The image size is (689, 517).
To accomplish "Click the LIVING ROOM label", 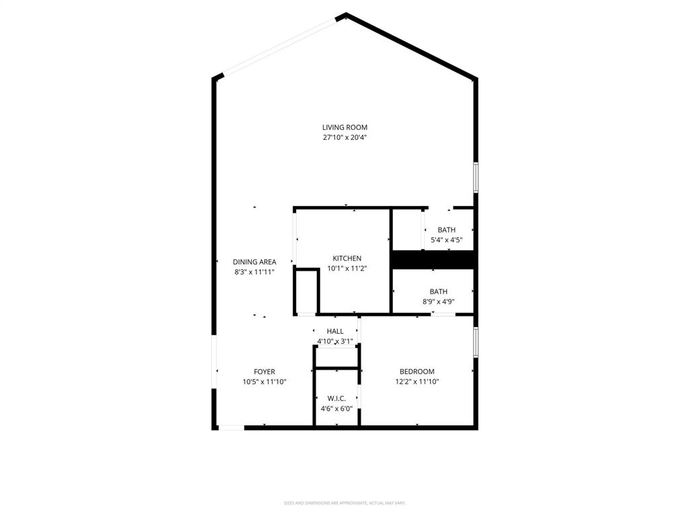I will [344, 127].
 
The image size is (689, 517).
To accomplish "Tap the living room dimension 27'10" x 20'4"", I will [344, 137].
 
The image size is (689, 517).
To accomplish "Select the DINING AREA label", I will [254, 262].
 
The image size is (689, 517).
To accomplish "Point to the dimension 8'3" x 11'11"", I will [254, 272].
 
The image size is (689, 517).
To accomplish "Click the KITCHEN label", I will [347, 258].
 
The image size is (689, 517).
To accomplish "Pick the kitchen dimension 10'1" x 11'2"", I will [347, 268].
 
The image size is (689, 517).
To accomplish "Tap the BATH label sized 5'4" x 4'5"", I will [446, 230].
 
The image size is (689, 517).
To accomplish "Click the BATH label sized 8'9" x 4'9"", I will [439, 291].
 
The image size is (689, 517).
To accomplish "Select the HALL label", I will [335, 331].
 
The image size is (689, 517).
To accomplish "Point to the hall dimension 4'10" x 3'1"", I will [335, 341].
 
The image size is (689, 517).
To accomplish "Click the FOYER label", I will [264, 372].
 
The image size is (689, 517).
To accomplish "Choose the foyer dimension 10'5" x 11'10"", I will [264, 382].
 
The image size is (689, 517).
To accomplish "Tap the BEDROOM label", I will [417, 372].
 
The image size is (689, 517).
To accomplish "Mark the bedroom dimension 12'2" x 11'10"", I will [417, 382].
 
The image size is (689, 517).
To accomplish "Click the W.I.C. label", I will [336, 399].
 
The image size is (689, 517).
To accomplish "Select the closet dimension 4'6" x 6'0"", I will [336, 409].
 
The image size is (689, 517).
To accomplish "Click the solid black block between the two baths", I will [434, 259].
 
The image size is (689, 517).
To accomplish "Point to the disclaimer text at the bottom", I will [344, 503].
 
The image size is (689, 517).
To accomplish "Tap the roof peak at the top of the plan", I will [345, 15].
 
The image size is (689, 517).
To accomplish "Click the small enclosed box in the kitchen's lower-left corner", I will [307, 291].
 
